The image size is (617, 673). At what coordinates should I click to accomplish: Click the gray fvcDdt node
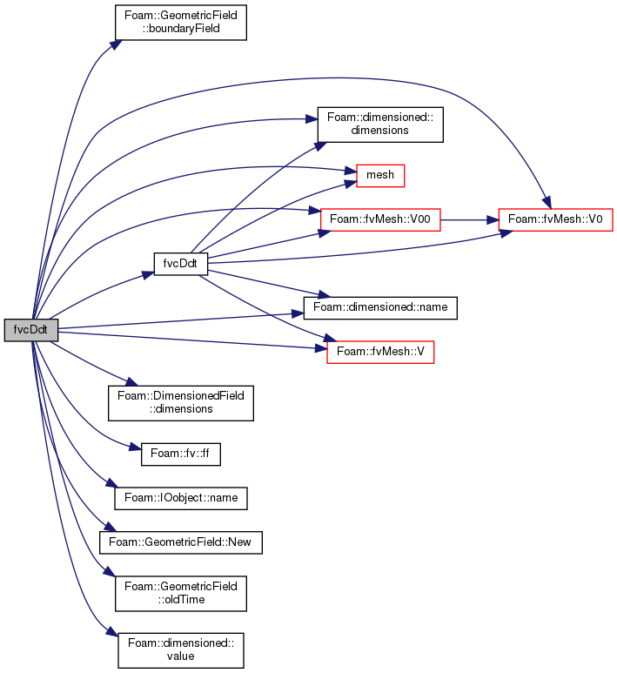pyautogui.click(x=31, y=330)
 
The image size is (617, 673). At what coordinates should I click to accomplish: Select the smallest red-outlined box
pyautogui.click(x=380, y=176)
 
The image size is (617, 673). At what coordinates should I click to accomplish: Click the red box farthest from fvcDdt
pyautogui.click(x=555, y=219)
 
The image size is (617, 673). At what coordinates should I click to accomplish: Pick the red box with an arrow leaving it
pyautogui.click(x=380, y=219)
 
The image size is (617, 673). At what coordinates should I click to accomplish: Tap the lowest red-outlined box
pyautogui.click(x=380, y=352)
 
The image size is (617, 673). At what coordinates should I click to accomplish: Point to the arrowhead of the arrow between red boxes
pyautogui.click(x=493, y=220)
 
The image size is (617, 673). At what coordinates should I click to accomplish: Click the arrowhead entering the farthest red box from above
pyautogui.click(x=546, y=203)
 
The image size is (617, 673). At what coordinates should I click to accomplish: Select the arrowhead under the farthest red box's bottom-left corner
pyautogui.click(x=505, y=232)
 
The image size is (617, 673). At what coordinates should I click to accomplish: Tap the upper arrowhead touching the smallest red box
pyautogui.click(x=351, y=171)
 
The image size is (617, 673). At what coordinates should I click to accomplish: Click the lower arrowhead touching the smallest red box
pyautogui.click(x=351, y=183)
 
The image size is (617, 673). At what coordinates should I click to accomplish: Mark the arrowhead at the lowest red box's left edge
pyautogui.click(x=321, y=348)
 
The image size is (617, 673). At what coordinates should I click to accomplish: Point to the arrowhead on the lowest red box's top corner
pyautogui.click(x=331, y=338)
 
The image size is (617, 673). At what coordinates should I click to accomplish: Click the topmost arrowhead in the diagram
pyautogui.click(x=117, y=43)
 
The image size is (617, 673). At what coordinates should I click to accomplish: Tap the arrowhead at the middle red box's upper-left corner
pyautogui.click(x=315, y=211)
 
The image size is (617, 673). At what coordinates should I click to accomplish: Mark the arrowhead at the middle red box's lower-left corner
pyautogui.click(x=325, y=232)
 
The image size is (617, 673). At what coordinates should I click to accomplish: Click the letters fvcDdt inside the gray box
pyautogui.click(x=31, y=330)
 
